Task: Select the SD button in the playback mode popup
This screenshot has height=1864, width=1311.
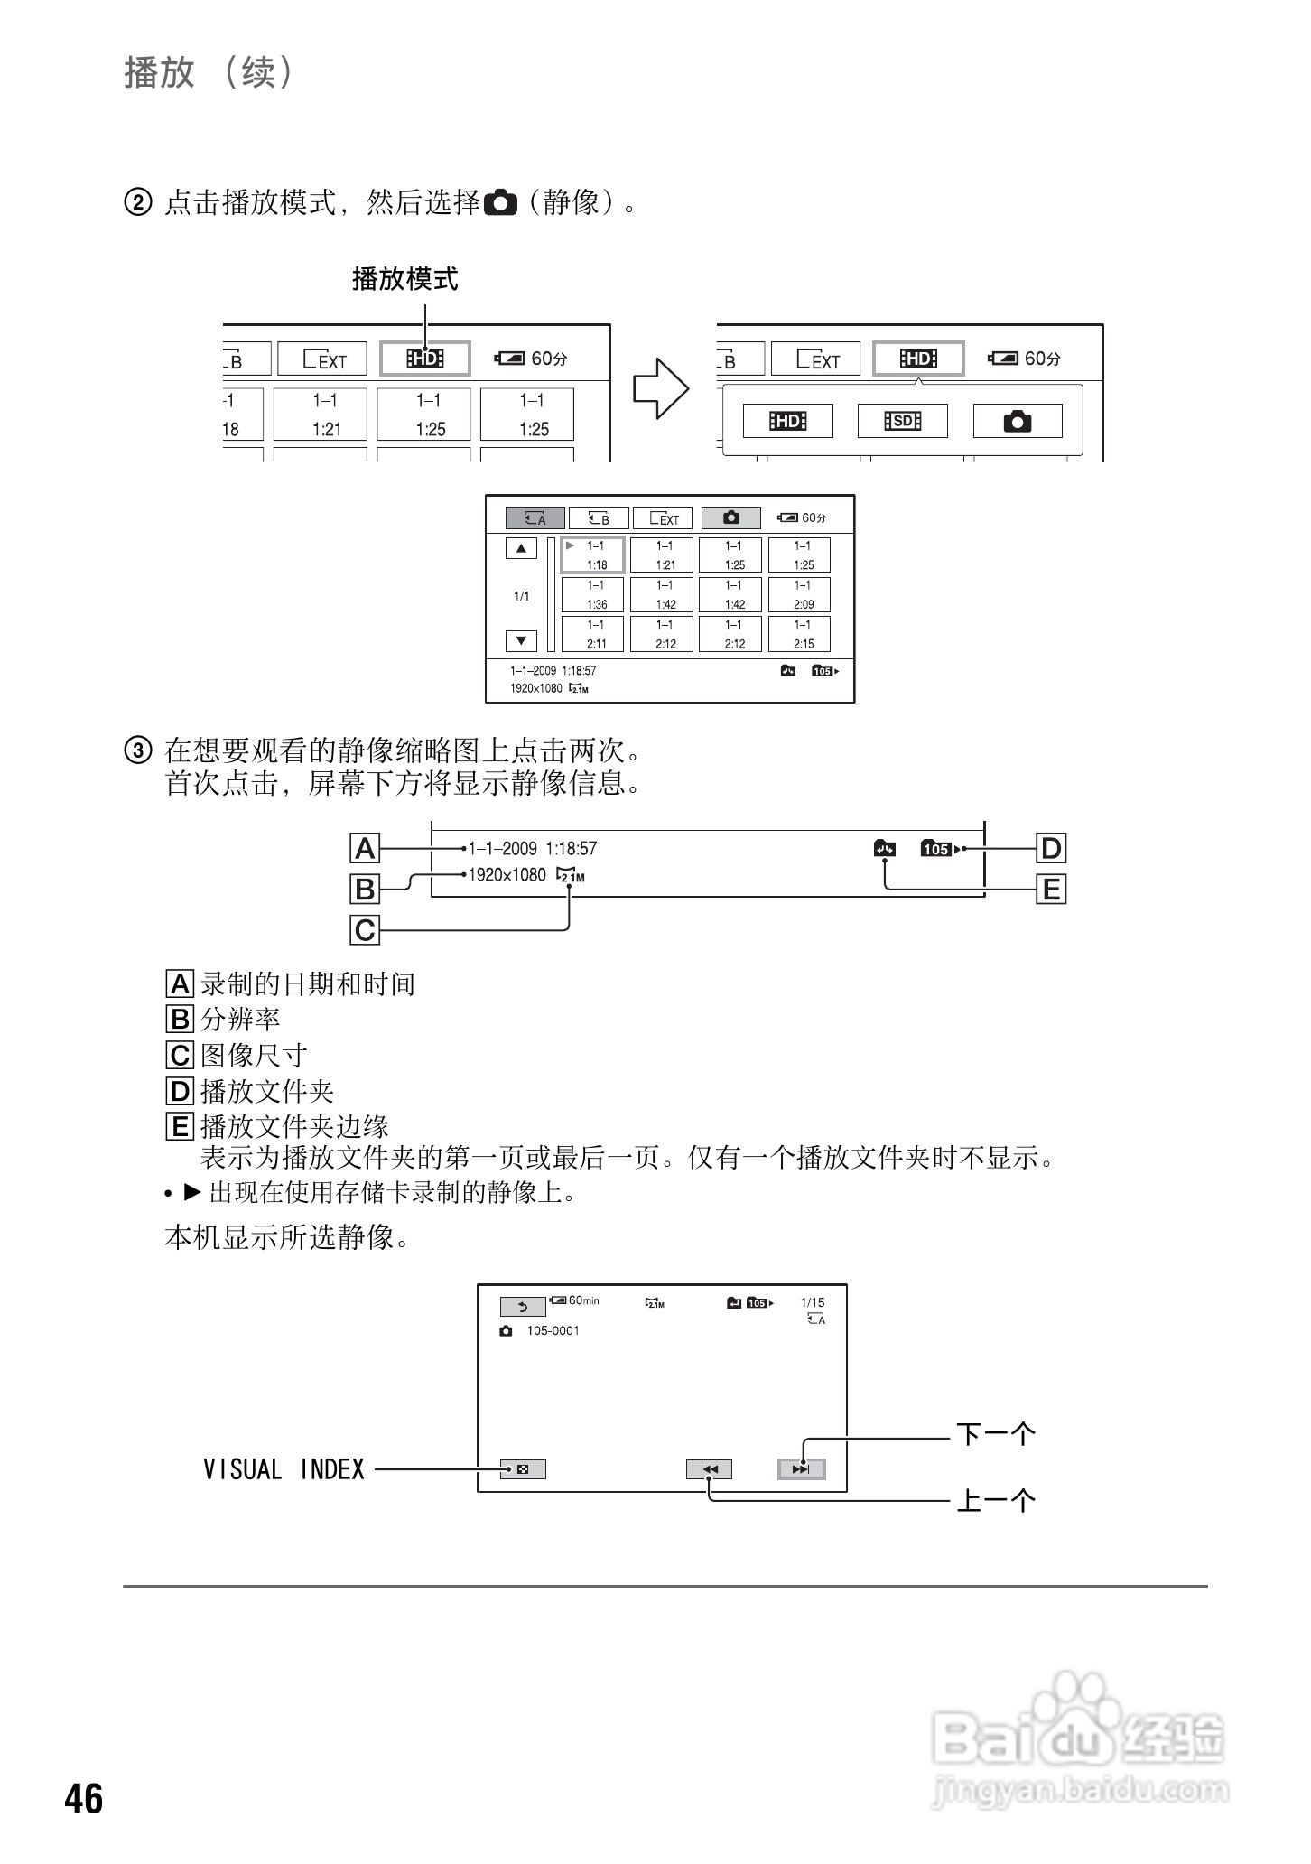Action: (x=902, y=421)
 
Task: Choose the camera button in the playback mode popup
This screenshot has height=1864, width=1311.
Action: (x=1017, y=421)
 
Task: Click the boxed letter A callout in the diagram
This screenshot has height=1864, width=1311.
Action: (x=365, y=848)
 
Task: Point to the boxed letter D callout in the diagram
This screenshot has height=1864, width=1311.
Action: (x=1051, y=848)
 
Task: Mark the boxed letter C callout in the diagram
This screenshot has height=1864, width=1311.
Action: (x=365, y=929)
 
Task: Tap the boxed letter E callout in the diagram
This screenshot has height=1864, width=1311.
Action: (x=1051, y=890)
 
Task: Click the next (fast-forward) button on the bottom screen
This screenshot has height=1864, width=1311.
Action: (x=801, y=1469)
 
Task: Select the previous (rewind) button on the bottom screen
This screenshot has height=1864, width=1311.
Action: (x=709, y=1469)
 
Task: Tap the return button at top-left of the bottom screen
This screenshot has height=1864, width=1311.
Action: (x=523, y=1307)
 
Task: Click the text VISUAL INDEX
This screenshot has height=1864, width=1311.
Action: (x=284, y=1469)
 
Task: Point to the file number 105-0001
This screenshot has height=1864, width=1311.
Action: (x=553, y=1330)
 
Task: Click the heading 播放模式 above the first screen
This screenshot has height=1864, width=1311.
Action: (x=404, y=279)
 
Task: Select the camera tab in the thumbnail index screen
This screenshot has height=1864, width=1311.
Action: (x=730, y=517)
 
